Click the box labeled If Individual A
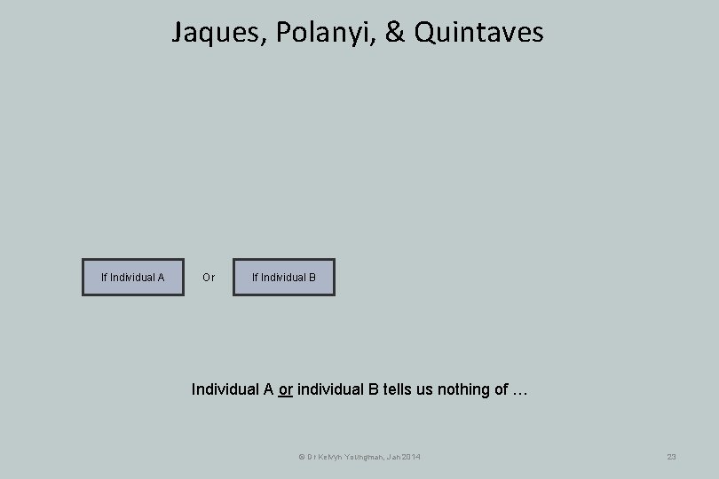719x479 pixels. [x=133, y=277]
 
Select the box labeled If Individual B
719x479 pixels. [x=284, y=277]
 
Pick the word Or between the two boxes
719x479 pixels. [x=209, y=278]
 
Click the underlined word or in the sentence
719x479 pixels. [x=286, y=389]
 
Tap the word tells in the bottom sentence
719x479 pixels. [x=392, y=389]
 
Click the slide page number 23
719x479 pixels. [x=672, y=457]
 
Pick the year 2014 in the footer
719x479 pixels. [x=411, y=457]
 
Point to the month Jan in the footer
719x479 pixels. [x=391, y=457]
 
